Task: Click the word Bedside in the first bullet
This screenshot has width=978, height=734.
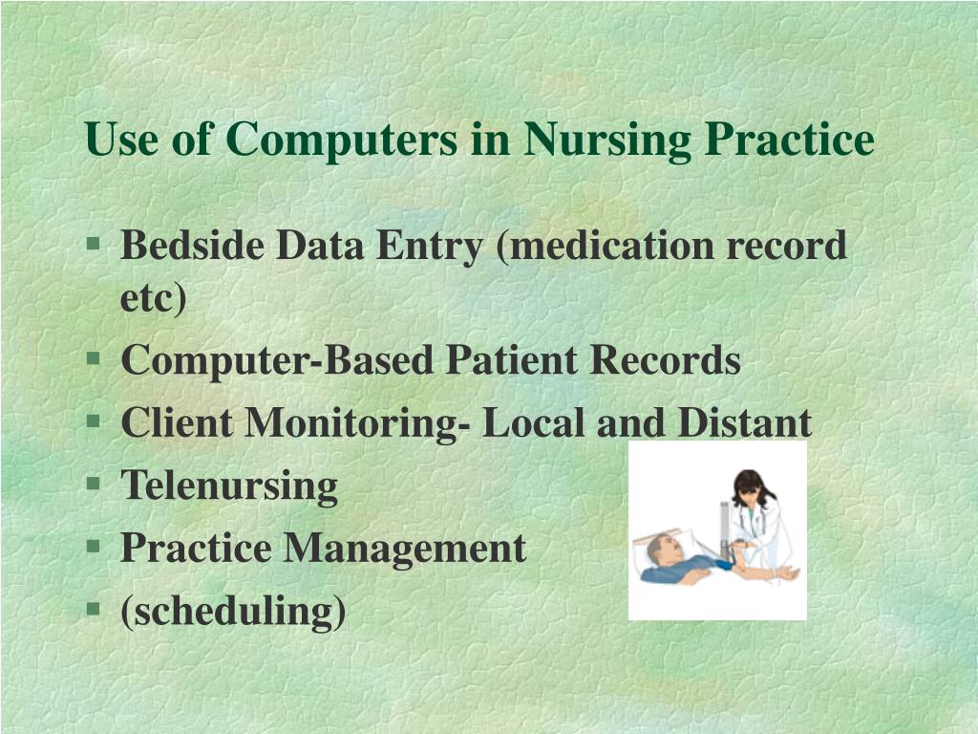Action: pos(193,246)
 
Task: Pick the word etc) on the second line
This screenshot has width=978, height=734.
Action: pos(154,298)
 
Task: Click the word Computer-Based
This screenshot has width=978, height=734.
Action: pos(278,360)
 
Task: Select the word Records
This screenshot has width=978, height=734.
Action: pos(664,360)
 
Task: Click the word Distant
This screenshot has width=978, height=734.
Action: pos(745,422)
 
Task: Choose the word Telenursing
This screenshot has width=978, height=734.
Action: pos(229,485)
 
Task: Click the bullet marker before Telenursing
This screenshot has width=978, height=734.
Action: pos(93,484)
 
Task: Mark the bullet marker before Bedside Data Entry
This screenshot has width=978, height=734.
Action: pos(93,245)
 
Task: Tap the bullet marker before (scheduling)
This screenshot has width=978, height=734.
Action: pos(93,609)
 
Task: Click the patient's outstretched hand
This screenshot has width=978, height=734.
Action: pos(789,573)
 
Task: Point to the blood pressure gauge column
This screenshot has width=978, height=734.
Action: pos(726,530)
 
